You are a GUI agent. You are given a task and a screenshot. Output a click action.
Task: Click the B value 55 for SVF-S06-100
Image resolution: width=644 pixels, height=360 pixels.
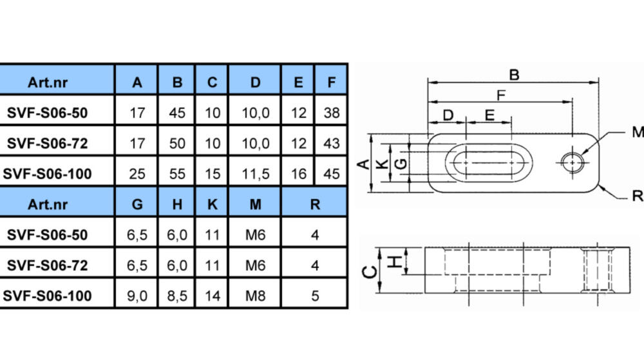point(177,174)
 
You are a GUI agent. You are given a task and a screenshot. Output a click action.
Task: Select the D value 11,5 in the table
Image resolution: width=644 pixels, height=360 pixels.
point(256,174)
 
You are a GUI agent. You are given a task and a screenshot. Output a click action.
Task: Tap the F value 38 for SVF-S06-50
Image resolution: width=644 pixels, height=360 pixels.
point(332,113)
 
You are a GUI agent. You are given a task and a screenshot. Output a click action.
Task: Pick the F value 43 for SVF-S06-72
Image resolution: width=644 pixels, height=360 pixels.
point(332,143)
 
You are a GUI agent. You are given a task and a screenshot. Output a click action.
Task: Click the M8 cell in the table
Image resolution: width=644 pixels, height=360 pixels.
point(256,296)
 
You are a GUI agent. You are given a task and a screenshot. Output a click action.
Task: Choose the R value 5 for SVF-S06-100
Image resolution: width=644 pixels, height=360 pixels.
point(315,296)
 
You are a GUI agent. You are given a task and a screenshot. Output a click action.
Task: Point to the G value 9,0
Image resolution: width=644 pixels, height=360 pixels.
point(137,296)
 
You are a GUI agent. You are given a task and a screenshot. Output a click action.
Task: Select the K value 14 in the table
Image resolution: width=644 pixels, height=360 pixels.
point(213,296)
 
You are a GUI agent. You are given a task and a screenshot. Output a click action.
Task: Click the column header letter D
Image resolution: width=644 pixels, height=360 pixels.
point(256,82)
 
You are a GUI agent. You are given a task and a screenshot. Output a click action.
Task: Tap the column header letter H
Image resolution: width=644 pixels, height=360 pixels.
point(177,204)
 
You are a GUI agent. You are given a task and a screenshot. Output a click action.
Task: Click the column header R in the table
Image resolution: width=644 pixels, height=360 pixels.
point(315,204)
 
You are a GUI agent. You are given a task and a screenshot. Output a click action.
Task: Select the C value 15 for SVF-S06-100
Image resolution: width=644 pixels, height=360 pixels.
point(213,174)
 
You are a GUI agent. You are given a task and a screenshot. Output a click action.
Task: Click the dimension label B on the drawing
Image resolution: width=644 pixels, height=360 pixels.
point(514,75)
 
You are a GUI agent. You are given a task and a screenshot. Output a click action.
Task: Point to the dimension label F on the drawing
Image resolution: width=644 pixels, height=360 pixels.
point(500,95)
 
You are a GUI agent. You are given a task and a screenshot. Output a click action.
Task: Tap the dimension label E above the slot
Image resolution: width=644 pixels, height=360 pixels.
point(489,115)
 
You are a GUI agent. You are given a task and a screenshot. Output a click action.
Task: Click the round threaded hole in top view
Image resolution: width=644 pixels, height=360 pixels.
point(573,162)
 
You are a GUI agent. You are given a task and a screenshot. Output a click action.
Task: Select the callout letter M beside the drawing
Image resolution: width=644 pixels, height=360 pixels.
point(638,132)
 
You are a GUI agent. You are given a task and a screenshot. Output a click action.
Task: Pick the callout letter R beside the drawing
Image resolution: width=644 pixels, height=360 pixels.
point(638,196)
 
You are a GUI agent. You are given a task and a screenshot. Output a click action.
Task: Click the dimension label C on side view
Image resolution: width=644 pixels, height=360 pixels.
point(370,272)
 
